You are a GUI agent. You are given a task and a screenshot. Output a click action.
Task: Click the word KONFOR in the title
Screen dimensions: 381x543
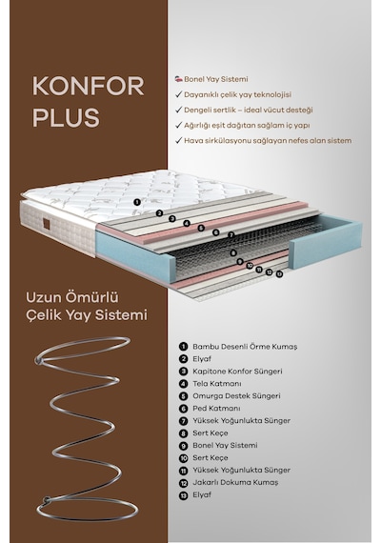pos(88,87)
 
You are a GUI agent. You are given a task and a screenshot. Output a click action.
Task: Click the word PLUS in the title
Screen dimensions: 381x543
pos(66,117)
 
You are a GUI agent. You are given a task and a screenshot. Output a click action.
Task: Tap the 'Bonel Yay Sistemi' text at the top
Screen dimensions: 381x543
pos(216,79)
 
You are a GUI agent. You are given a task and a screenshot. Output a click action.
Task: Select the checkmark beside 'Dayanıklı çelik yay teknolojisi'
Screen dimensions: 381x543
pos(179,94)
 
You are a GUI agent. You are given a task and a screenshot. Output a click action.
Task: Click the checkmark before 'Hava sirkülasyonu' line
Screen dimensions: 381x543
pos(179,140)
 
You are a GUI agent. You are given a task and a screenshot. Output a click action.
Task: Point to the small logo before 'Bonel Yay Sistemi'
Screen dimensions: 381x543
pos(178,79)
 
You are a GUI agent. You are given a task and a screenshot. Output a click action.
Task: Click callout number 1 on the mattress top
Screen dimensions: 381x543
pos(137,202)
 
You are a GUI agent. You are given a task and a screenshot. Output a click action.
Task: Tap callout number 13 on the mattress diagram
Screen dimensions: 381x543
pos(279,274)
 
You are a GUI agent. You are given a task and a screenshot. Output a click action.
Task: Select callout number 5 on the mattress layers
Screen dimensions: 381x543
pos(201,228)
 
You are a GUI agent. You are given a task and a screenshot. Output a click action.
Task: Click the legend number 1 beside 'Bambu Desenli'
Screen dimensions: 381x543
pos(183,347)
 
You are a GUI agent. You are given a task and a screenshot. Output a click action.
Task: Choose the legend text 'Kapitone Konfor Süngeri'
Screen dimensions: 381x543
pos(237,372)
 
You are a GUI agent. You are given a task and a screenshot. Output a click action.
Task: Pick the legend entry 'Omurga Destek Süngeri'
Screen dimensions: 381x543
pos(236,396)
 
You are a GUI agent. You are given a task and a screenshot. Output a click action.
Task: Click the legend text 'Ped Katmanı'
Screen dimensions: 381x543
pos(216,409)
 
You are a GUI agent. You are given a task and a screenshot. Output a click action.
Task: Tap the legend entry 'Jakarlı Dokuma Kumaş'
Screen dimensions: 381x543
pos(235,482)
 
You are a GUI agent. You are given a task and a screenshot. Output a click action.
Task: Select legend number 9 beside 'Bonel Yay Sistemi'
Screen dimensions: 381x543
pos(183,446)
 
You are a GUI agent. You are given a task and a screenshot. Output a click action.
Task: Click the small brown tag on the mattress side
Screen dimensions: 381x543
pos(47,223)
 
